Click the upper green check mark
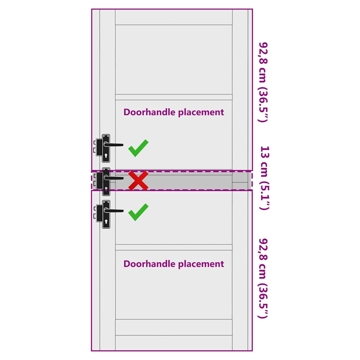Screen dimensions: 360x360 tap(138, 148)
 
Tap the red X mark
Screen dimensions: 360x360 tap(138, 181)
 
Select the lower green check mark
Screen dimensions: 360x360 tap(138, 212)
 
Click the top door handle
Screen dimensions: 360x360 tap(106, 148)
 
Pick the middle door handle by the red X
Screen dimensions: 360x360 tap(106, 181)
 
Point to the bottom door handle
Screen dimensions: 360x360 tap(106, 214)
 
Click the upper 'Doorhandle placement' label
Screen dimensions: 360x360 tap(173, 112)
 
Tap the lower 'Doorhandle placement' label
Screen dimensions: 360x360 tap(173, 264)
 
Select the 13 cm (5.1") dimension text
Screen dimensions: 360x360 tap(264, 178)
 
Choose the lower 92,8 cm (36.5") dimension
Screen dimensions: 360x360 tap(264, 278)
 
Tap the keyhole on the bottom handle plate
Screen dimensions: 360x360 tap(106, 221)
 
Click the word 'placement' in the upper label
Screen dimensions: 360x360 tap(201, 112)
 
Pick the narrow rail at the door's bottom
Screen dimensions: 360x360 tap(174, 343)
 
